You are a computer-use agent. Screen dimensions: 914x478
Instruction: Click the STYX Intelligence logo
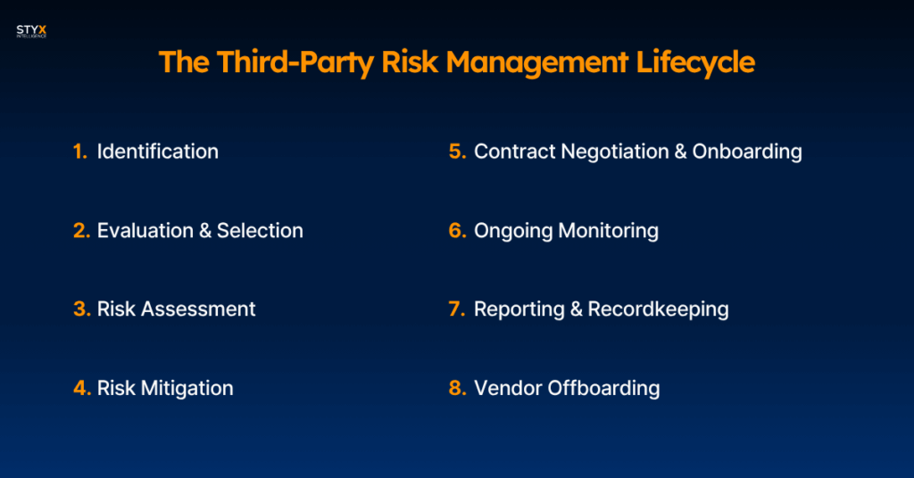click(31, 31)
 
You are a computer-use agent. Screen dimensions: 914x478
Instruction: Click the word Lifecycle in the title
click(694, 62)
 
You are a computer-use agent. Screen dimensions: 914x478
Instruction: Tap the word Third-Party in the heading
click(295, 62)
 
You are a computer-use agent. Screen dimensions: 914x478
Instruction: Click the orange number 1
click(79, 152)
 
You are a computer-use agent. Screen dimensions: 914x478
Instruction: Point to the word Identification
click(157, 152)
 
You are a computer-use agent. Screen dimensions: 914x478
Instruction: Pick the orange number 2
click(81, 231)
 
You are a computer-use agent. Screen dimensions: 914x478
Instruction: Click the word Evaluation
click(145, 231)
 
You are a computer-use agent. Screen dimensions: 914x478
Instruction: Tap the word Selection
click(260, 231)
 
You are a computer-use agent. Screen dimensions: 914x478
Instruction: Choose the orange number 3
click(81, 309)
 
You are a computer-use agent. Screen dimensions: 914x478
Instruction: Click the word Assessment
click(198, 309)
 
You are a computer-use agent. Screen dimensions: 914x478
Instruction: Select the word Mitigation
click(187, 388)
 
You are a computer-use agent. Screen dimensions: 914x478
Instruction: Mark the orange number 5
click(458, 152)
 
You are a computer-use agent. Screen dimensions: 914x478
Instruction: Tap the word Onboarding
click(747, 152)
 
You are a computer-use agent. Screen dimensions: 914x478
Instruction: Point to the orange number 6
click(458, 231)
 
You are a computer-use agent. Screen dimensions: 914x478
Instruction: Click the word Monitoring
click(608, 231)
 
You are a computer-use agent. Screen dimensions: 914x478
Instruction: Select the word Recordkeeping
click(658, 309)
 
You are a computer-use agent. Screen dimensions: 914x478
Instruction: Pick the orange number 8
click(458, 388)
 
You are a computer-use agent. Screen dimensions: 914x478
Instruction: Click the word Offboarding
click(603, 388)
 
